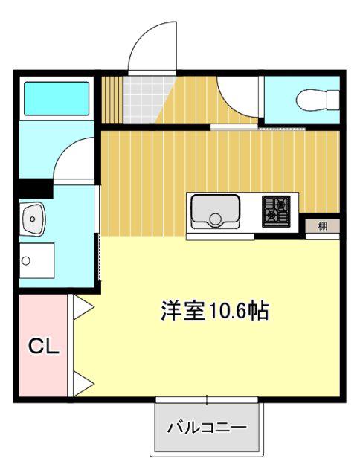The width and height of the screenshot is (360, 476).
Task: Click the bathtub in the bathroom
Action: [x=57, y=98]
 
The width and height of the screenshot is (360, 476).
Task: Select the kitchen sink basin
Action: [x=215, y=211]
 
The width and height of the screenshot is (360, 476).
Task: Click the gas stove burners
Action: [x=276, y=211]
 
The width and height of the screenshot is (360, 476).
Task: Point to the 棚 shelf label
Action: [x=322, y=226]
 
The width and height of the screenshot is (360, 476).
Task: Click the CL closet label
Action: [x=43, y=346]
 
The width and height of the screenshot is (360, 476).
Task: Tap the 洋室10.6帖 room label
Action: [x=215, y=311]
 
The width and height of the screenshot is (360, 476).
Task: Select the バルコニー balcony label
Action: [x=207, y=428]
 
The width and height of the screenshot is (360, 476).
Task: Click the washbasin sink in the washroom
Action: [x=32, y=219]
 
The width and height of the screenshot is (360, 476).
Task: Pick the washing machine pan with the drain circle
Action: [x=37, y=260]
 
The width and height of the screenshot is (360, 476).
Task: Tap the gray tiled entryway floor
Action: [x=145, y=100]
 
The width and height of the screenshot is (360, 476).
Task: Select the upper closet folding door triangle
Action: [x=83, y=307]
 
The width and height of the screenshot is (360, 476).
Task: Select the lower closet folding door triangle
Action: [x=83, y=384]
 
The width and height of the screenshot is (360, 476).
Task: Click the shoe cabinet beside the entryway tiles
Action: [x=112, y=100]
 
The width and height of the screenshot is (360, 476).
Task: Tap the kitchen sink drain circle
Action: [x=216, y=219]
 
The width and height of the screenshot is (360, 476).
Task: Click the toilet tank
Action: [x=333, y=100]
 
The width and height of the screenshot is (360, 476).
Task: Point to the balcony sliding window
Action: [x=207, y=400]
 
